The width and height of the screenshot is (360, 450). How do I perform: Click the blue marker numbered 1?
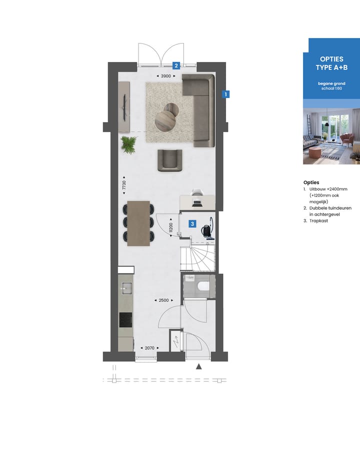point(226,93)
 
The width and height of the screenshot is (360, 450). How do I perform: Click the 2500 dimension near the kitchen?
point(163,300)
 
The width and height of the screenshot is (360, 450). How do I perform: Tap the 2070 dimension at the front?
point(148,347)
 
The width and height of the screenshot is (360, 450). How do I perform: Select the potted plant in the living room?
point(129,144)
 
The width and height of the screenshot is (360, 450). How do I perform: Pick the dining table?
point(139,223)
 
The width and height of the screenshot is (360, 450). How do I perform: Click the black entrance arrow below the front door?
point(199,366)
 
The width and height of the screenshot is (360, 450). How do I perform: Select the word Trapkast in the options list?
point(318,220)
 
